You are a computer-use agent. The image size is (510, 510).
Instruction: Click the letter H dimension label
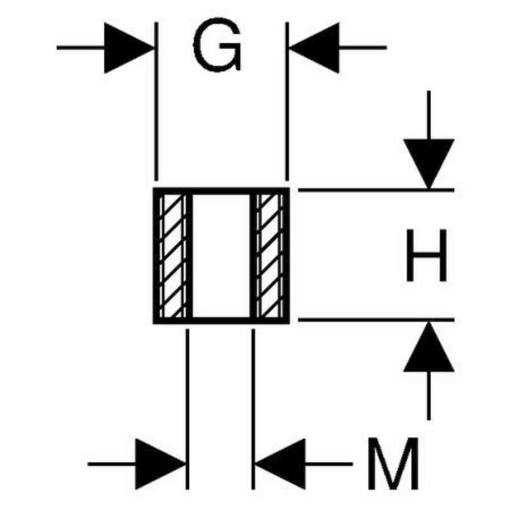pyautogui.click(x=427, y=256)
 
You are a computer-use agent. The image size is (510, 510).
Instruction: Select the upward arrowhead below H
pyautogui.click(x=428, y=347)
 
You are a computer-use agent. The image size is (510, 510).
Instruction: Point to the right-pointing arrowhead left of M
pyautogui.click(x=161, y=464)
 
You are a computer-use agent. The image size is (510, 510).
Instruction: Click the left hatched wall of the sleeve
pyautogui.click(x=172, y=256)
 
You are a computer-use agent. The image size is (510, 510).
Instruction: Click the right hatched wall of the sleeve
pyautogui.click(x=270, y=256)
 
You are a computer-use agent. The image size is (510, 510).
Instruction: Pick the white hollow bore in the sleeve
pyautogui.click(x=221, y=256)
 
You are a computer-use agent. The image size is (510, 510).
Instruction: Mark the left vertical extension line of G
pyautogui.click(x=155, y=102)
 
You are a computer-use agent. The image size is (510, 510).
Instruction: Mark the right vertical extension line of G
pyautogui.click(x=287, y=102)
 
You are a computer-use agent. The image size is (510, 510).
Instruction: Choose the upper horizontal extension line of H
pyautogui.click(x=374, y=190)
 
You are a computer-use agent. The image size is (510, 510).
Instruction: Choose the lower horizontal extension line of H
pyautogui.click(x=374, y=320)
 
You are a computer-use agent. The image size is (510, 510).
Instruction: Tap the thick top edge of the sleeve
pyautogui.click(x=221, y=190)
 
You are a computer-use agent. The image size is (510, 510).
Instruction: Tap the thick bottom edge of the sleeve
pyautogui.click(x=221, y=320)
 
